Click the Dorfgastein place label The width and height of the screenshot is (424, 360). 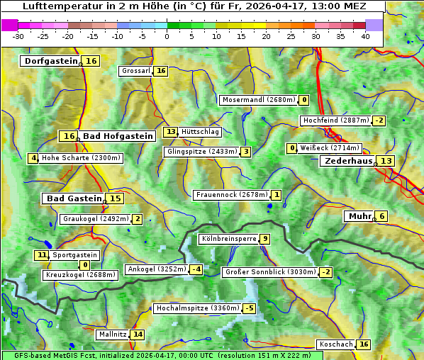pyautogui.click(x=50, y=62)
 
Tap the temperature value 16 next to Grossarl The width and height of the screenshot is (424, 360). pyautogui.click(x=162, y=71)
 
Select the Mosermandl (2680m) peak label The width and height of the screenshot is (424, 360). pyautogui.click(x=258, y=100)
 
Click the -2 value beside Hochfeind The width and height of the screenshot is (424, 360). pyautogui.click(x=379, y=120)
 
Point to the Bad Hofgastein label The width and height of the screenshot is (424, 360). pyautogui.click(x=117, y=136)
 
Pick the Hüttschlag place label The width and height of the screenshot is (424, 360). pyautogui.click(x=201, y=132)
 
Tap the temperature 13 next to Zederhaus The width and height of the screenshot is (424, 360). pyautogui.click(x=386, y=162)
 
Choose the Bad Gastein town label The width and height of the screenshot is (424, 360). pyautogui.click(x=74, y=198)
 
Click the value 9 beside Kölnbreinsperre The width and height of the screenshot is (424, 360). pyautogui.click(x=264, y=239)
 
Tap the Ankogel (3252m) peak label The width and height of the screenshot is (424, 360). pyautogui.click(x=156, y=269)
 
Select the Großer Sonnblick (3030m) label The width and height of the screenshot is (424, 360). pyautogui.click(x=270, y=272)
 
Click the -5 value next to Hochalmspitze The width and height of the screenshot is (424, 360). pyautogui.click(x=249, y=308)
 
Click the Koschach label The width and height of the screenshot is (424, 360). pyautogui.click(x=335, y=344)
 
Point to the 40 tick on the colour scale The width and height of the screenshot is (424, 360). pyautogui.click(x=365, y=35)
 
